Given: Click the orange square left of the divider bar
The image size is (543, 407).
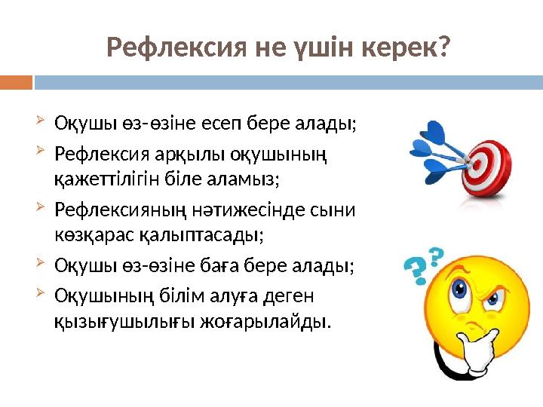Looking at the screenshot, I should click(16, 81).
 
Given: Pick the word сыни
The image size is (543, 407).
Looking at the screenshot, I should click(340, 208).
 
